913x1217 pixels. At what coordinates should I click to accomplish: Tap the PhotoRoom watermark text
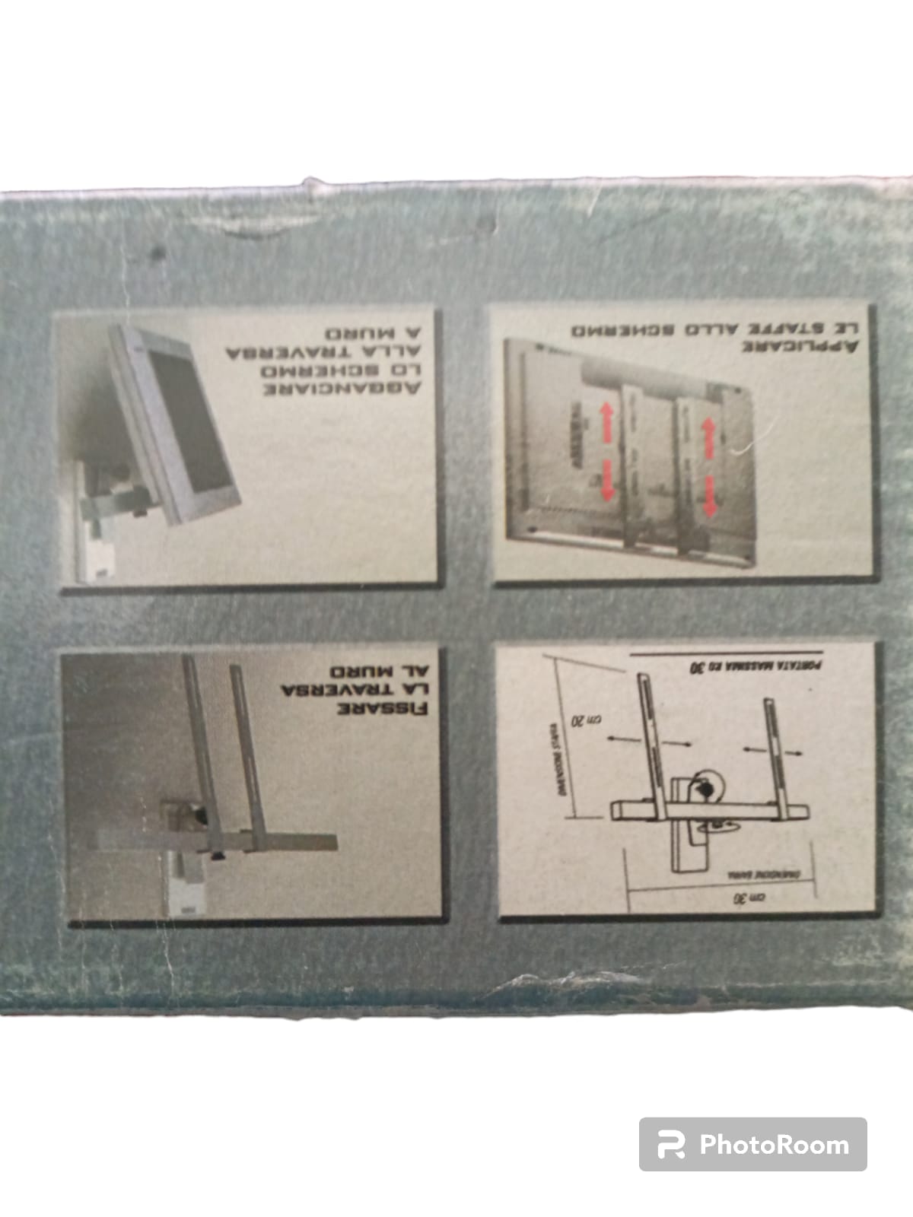pyautogui.click(x=773, y=1145)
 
